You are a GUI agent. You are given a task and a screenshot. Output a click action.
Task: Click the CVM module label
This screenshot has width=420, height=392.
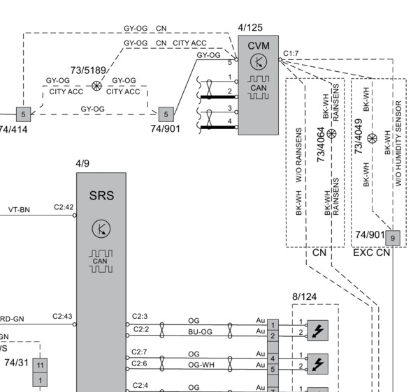(x=258, y=46)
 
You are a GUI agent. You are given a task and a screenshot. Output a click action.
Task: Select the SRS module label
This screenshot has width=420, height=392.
(x=101, y=196)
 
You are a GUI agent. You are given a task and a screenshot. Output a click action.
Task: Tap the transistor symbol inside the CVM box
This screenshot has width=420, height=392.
(x=258, y=63)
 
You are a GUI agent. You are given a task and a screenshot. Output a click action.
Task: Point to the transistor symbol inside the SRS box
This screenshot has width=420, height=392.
(x=101, y=228)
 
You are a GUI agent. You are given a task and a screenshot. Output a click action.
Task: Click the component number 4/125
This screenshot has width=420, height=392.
(x=250, y=28)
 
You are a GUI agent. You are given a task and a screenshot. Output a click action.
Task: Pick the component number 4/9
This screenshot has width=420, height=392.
(x=82, y=164)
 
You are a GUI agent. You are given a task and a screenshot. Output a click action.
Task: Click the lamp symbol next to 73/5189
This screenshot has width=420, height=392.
(x=97, y=86)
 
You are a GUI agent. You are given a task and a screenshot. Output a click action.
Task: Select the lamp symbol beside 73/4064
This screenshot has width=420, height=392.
(x=332, y=133)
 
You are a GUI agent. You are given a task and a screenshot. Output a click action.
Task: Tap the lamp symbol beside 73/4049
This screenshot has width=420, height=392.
(x=372, y=138)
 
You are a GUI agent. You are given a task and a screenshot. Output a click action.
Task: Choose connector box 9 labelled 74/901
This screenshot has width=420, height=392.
(x=393, y=239)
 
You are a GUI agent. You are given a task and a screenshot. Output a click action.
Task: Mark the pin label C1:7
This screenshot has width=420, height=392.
(x=291, y=53)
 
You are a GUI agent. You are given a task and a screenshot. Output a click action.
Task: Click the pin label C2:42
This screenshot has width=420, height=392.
(x=64, y=207)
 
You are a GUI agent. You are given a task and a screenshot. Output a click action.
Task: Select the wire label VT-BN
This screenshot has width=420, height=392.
(x=19, y=209)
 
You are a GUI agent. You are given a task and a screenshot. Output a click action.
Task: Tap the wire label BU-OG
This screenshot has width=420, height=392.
(x=200, y=332)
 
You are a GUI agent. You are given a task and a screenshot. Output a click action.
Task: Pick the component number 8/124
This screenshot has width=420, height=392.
(x=304, y=296)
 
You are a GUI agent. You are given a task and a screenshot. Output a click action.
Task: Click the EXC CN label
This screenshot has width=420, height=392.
(x=371, y=252)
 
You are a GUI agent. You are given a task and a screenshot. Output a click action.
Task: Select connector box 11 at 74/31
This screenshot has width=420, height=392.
(x=40, y=365)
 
